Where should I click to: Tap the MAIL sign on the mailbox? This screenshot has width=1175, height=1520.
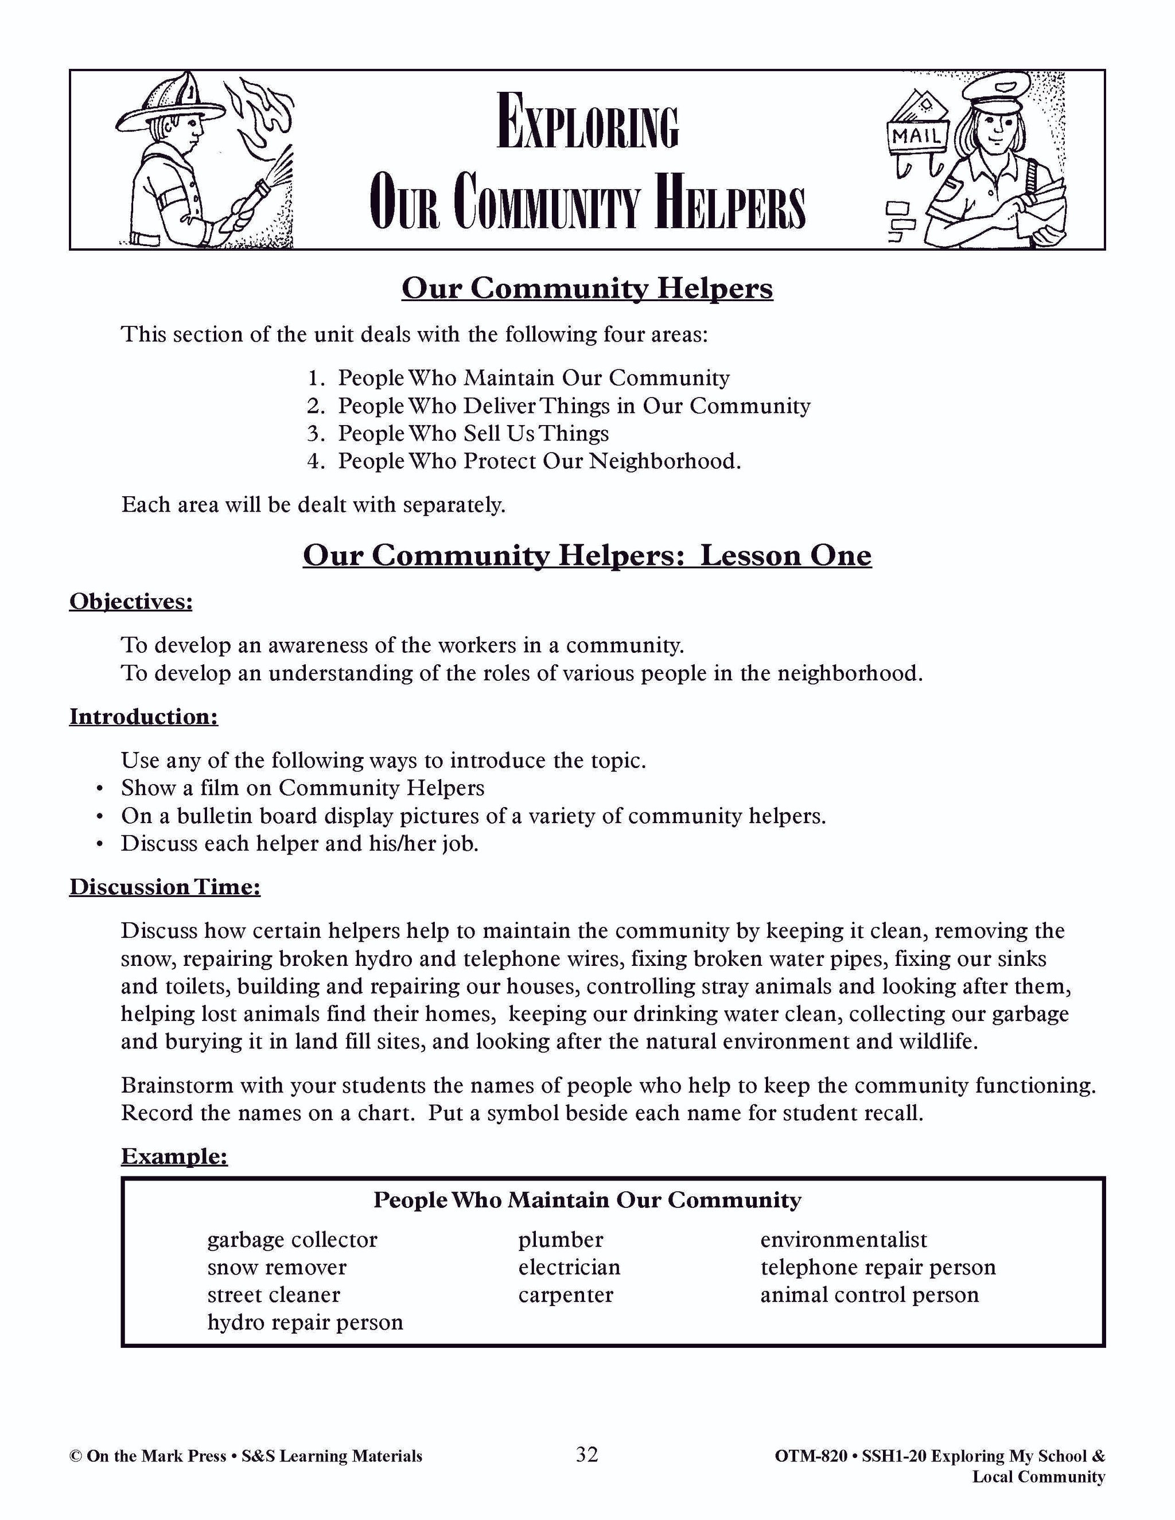point(917,136)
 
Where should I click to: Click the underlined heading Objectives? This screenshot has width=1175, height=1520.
point(131,601)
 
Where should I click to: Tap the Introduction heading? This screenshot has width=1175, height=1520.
point(143,716)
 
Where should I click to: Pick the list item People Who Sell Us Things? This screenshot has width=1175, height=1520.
point(473,434)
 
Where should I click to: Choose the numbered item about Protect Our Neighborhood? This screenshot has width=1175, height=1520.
point(539,461)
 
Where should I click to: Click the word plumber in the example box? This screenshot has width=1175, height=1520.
point(561,1240)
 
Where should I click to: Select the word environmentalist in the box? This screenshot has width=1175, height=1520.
point(843,1240)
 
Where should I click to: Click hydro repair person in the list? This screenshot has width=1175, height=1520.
point(305,1322)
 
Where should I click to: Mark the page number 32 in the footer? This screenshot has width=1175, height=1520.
point(587,1454)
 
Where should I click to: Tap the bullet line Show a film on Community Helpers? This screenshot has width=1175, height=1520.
point(302,788)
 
